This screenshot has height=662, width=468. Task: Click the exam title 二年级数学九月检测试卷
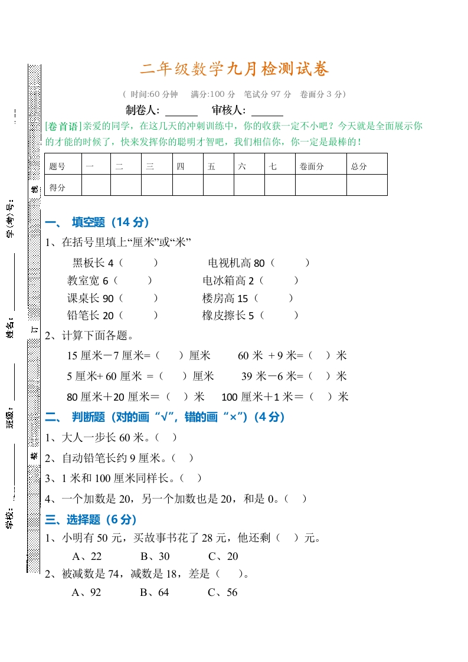coord(234,70)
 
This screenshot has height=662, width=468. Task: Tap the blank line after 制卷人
coord(181,111)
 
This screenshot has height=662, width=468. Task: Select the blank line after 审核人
coord(267,111)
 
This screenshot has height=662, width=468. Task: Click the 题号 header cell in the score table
coord(58,166)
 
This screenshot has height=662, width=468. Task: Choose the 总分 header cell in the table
coord(359,166)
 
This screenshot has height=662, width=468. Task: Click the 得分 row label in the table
coord(58,188)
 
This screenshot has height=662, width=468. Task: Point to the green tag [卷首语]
coord(63,126)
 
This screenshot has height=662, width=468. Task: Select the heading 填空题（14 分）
coord(110,222)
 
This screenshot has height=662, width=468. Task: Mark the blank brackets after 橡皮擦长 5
coord(280,316)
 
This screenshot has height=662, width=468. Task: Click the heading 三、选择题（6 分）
coord(91,520)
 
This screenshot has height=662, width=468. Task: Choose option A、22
coord(87,556)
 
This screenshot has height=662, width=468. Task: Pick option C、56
coord(222,592)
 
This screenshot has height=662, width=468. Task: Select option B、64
coord(155,592)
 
